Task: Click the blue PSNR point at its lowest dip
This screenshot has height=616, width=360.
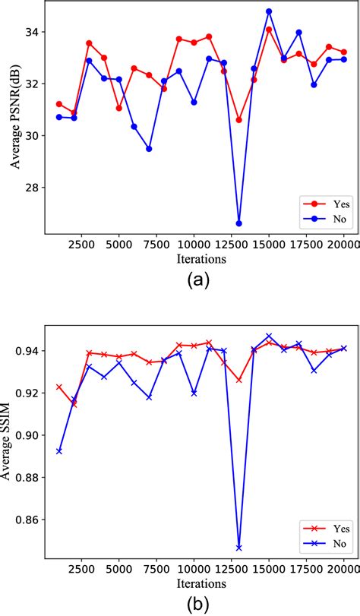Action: (239, 223)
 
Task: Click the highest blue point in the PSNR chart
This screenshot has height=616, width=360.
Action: (269, 11)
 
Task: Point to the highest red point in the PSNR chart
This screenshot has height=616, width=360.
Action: (269, 30)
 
